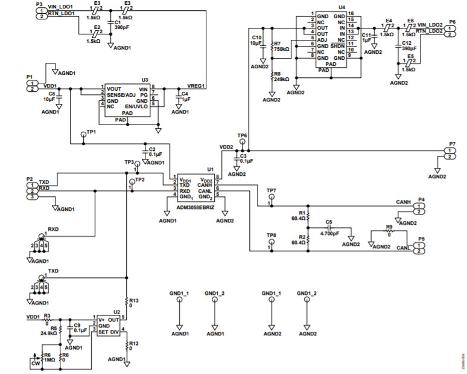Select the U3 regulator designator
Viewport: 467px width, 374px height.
(144, 80)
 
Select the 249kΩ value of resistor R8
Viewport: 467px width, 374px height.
(282, 79)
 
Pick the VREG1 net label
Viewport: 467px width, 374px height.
(195, 86)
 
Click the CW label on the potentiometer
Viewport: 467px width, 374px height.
(34, 363)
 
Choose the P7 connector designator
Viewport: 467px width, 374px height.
(452, 143)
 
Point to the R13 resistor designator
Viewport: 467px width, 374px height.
(134, 300)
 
